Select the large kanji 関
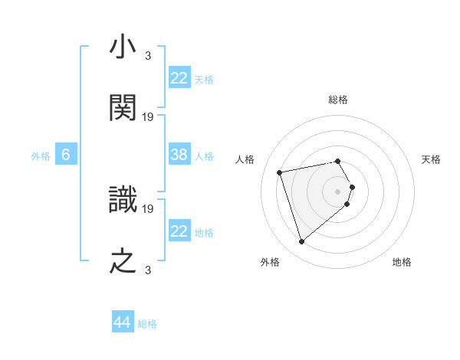coord(123,108)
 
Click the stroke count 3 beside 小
coord(148,56)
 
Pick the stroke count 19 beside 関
coord(149,117)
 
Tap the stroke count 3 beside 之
coord(148,269)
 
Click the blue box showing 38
coord(179,155)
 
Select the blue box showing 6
coord(66,155)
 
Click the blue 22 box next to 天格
coord(179,78)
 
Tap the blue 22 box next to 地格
coord(179,231)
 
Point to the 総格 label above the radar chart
coord(338,100)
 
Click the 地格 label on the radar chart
coord(402,262)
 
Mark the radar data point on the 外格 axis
coord(302,241)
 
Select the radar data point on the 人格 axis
coord(280,172)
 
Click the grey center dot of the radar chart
coord(338,191)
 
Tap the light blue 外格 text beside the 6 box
coord(41,155)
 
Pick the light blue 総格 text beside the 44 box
coord(147,324)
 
